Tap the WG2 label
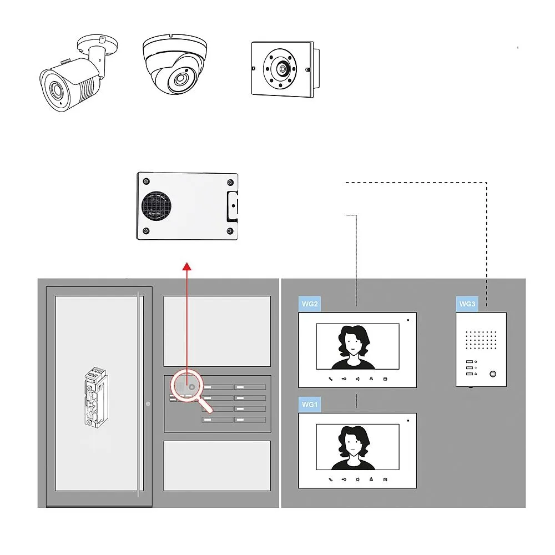[x=309, y=304]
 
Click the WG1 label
[x=309, y=405]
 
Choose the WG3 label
[x=467, y=304]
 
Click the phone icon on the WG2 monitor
[x=331, y=379]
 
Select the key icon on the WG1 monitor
[x=344, y=479]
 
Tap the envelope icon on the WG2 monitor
[x=385, y=379]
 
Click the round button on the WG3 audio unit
[x=492, y=374]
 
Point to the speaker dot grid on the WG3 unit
[x=481, y=340]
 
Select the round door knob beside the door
[x=148, y=403]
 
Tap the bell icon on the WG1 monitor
[x=371, y=479]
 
